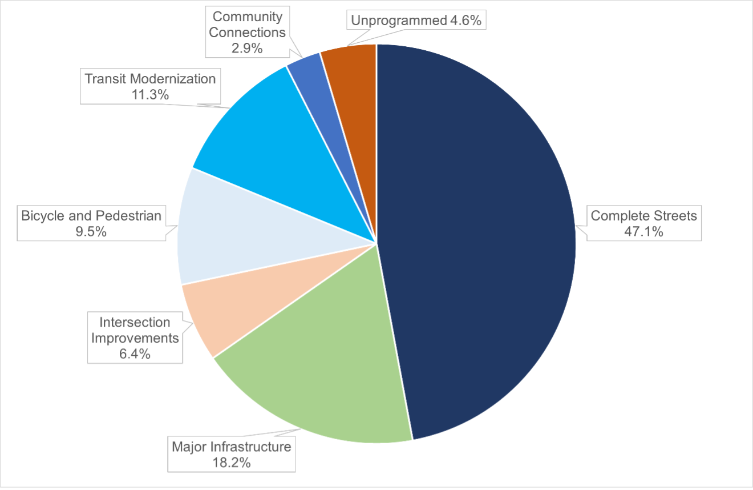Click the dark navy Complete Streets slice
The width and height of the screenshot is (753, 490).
pos(479,240)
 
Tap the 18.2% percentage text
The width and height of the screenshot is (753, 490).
pos(231,462)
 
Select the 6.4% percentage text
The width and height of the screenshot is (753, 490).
pos(135,354)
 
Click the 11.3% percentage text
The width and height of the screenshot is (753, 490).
pos(150,94)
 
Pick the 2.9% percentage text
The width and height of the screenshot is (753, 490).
pos(247,48)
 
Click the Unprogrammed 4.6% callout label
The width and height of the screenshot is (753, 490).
pos(416,21)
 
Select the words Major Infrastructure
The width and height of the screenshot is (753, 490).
pos(231,446)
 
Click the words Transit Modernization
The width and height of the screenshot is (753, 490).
pos(150,78)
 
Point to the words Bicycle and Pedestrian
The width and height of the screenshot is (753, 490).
pos(91,216)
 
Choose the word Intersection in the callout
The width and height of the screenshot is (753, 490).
pos(135,322)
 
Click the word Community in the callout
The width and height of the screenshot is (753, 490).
pos(247,16)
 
